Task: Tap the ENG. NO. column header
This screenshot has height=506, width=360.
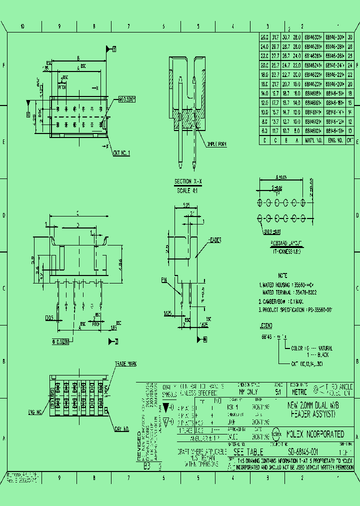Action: pos(334,140)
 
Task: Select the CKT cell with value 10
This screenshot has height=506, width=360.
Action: pos(350,131)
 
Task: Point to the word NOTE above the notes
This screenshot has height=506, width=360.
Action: pos(282,275)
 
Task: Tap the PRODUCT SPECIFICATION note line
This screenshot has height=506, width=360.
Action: pos(295,310)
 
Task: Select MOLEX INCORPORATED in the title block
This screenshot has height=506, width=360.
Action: pos(315,434)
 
